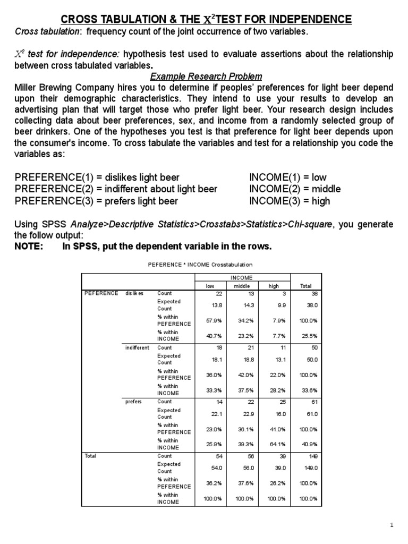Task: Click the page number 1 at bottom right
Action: [392, 525]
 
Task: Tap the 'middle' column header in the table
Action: [241, 285]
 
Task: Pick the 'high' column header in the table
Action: [274, 285]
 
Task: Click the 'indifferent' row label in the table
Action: [137, 347]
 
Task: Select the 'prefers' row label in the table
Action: [133, 402]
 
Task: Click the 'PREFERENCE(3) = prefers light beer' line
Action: [96, 201]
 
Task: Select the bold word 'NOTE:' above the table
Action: [29, 246]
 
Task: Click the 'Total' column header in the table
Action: [306, 285]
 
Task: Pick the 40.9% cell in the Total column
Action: [309, 444]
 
